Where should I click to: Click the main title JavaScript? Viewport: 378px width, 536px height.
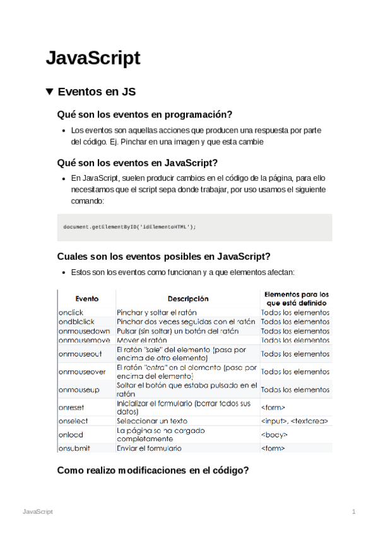pyautogui.click(x=93, y=58)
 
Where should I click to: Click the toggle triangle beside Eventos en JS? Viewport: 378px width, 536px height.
pyautogui.click(x=50, y=92)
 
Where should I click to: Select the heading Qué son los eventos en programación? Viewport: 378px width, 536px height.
pyautogui.click(x=145, y=114)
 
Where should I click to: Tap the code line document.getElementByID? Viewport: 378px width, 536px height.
pyautogui.click(x=130, y=227)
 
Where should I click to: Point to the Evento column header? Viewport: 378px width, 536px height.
pyautogui.click(x=86, y=298)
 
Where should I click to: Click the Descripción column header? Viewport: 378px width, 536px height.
pyautogui.click(x=187, y=298)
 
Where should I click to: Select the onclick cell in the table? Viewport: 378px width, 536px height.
pyautogui.click(x=70, y=312)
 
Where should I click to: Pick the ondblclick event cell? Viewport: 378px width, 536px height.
pyautogui.click(x=74, y=322)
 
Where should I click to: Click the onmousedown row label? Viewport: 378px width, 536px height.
pyautogui.click(x=83, y=331)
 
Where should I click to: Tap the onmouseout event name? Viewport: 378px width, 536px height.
pyautogui.click(x=80, y=354)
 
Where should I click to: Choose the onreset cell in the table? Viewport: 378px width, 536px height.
pyautogui.click(x=71, y=408)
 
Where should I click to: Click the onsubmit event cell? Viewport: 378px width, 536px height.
pyautogui.click(x=75, y=448)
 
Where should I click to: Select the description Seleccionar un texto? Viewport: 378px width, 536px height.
pyautogui.click(x=153, y=421)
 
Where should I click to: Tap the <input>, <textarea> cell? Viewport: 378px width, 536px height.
pyautogui.click(x=294, y=421)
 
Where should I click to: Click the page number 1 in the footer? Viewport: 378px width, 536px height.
pyautogui.click(x=354, y=511)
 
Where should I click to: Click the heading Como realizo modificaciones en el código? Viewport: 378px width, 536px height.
pyautogui.click(x=153, y=470)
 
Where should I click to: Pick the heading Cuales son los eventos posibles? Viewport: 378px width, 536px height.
pyautogui.click(x=163, y=257)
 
